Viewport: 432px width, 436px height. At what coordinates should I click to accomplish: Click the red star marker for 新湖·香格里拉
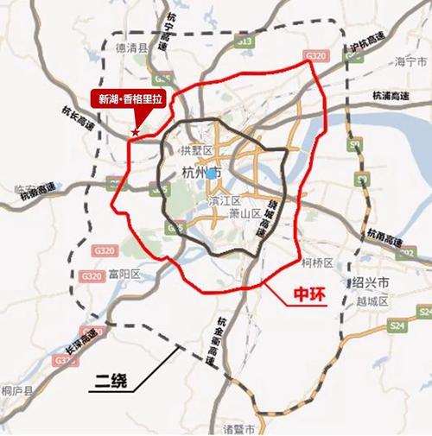coord(135,133)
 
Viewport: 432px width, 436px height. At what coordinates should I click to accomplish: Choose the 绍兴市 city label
coord(372,283)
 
